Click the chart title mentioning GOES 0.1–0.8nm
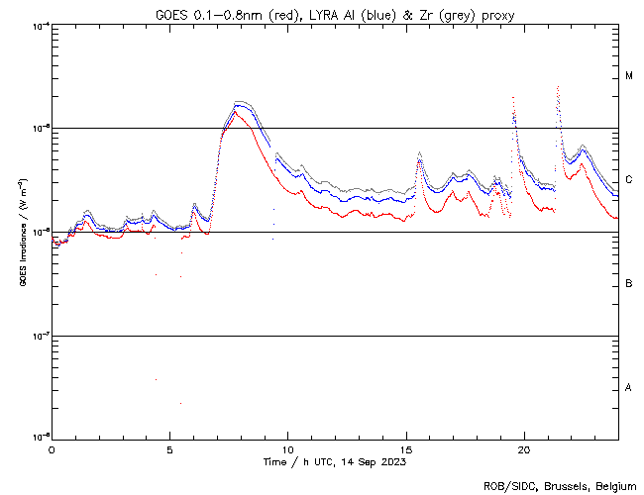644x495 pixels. point(334,15)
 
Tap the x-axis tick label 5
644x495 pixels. point(169,447)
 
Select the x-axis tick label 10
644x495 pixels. point(287,447)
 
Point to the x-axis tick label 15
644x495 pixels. point(406,447)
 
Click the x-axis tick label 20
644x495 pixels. point(523,447)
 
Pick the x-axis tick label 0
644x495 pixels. point(52,447)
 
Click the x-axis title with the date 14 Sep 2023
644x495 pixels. point(334,461)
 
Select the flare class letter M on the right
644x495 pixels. point(629,76)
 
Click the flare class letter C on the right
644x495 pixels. point(629,180)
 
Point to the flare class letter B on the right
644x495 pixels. point(629,284)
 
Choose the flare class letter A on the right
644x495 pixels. point(629,387)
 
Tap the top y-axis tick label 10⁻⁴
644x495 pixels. point(40,25)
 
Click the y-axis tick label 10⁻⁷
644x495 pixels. point(40,336)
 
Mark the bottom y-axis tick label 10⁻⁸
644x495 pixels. point(40,437)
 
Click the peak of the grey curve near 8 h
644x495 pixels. point(239,102)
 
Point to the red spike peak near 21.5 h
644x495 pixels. point(559,87)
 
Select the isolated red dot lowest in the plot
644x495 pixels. point(180,403)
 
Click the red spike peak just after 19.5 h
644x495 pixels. point(512,97)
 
